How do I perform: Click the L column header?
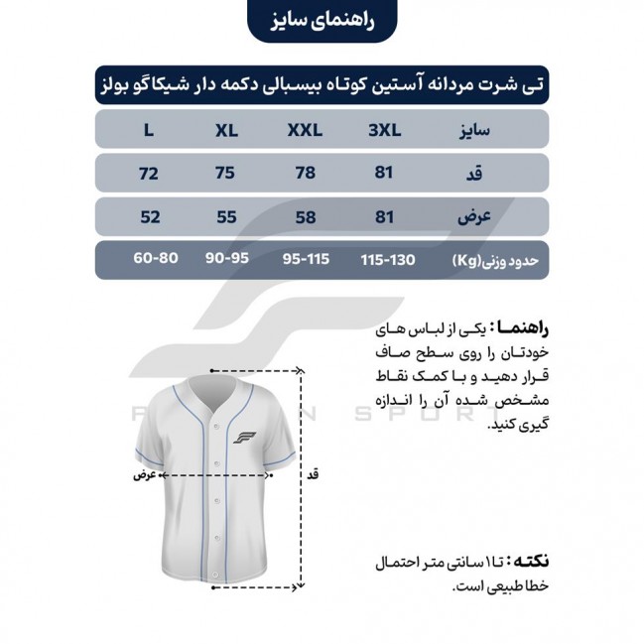[149, 129]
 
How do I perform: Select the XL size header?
[226, 129]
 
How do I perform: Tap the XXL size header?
[305, 129]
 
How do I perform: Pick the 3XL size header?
[384, 129]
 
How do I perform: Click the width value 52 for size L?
[149, 216]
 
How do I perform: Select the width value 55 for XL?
[226, 216]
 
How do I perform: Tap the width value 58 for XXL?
[305, 216]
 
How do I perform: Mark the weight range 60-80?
[155, 258]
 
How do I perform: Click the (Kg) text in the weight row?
[466, 261]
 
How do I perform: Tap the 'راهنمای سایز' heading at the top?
[322, 22]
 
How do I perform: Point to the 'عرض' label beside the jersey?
[147, 474]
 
